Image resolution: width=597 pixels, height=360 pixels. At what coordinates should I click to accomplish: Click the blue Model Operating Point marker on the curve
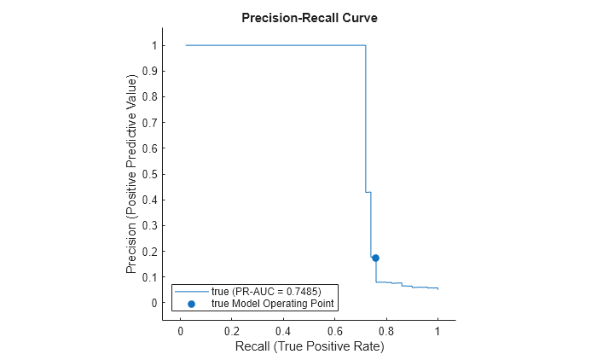(375, 258)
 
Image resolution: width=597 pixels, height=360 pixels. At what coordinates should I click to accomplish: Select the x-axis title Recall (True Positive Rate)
(309, 346)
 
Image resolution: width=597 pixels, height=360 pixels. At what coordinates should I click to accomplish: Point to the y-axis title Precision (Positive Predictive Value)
(131, 174)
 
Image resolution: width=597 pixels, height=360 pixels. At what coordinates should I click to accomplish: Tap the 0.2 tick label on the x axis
(231, 330)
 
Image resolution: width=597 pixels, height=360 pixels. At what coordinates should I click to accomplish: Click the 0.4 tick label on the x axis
(283, 330)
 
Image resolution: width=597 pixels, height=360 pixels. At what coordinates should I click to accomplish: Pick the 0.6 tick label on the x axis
(334, 330)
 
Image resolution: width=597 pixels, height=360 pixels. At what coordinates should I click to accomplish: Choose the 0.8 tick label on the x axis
(386, 330)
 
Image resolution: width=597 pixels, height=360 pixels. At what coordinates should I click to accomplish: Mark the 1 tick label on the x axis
(438, 330)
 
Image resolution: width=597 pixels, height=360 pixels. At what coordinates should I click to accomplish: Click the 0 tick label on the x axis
(180, 330)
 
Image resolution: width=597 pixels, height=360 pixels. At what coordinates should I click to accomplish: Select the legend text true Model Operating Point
(273, 303)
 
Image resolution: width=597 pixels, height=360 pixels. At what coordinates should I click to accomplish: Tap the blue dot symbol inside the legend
(191, 303)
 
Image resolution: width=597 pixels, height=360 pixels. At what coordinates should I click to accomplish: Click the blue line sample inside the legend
(191, 292)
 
